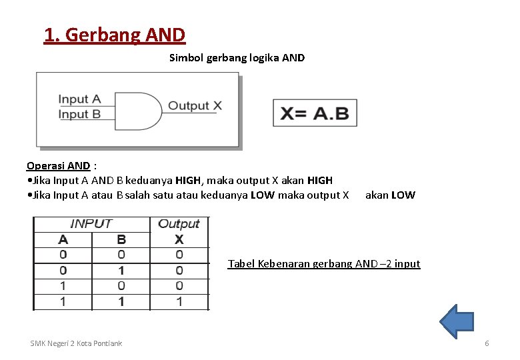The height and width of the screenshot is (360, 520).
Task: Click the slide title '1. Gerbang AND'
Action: click(x=115, y=34)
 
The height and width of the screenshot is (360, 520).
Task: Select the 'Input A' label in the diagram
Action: click(x=79, y=99)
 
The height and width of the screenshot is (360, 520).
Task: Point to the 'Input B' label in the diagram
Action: click(x=79, y=114)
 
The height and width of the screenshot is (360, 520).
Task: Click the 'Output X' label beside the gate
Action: click(x=195, y=105)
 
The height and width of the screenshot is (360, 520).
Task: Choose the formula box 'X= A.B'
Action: click(x=315, y=113)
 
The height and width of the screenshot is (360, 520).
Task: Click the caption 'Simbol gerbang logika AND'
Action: click(x=237, y=58)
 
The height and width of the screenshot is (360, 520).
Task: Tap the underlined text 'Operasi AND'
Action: click(x=58, y=166)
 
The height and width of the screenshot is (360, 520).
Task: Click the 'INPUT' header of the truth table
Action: click(x=91, y=224)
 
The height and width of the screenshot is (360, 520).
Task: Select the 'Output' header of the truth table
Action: click(x=179, y=224)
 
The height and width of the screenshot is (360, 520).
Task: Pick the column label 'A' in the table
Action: click(x=63, y=239)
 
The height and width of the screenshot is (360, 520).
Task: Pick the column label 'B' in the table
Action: click(x=121, y=239)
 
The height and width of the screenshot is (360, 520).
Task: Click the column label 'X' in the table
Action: click(x=179, y=239)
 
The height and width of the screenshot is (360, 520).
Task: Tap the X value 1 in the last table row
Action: click(x=179, y=302)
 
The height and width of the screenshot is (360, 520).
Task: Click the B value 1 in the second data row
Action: click(x=121, y=271)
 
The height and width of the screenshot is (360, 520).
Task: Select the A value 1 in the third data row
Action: click(x=63, y=286)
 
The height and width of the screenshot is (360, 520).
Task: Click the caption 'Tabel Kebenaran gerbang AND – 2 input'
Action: click(x=324, y=264)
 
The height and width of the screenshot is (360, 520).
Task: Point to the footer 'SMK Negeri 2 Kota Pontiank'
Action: click(x=76, y=343)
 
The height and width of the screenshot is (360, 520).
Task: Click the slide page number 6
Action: click(x=487, y=343)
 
